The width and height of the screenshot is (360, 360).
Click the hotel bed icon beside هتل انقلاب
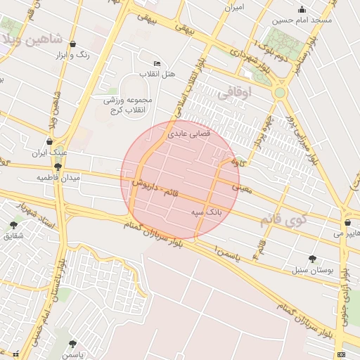point(156,64)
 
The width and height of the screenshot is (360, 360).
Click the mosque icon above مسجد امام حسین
point(302,9)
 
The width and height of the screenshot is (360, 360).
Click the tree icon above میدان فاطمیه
point(58,167)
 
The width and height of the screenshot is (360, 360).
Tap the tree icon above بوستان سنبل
point(312,259)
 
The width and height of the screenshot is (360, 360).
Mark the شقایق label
point(14,236)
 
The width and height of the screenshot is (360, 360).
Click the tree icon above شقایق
point(14,225)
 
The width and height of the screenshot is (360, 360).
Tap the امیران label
point(233,8)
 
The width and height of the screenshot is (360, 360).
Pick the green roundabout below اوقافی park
point(281,92)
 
